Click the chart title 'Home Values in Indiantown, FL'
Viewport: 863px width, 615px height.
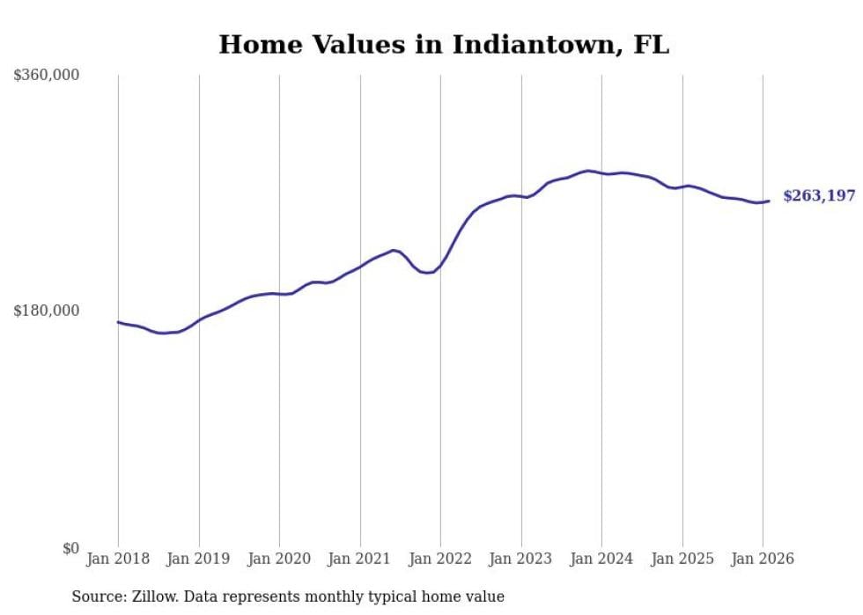coord(444,45)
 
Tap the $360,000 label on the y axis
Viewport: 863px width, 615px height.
coord(47,76)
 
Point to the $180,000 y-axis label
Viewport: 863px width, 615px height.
coord(47,311)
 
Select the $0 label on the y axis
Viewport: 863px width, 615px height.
coord(70,548)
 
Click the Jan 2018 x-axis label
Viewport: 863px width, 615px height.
coord(118,559)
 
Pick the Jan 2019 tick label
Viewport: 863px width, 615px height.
coord(199,559)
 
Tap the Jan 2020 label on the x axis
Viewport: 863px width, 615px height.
coord(279,559)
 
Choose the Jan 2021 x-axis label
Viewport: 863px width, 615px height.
coord(360,559)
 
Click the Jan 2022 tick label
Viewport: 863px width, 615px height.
coord(440,559)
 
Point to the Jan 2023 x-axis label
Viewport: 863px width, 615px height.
coord(521,559)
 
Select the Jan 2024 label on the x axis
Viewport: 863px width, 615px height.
coord(601,559)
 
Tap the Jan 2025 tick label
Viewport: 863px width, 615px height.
coord(682,559)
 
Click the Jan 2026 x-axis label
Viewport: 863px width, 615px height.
coord(763,559)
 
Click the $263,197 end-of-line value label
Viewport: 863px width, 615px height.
coord(819,196)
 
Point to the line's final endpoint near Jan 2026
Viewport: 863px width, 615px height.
coord(769,201)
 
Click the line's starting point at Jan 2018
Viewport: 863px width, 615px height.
coord(118,322)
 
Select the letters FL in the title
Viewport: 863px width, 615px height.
coord(651,45)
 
